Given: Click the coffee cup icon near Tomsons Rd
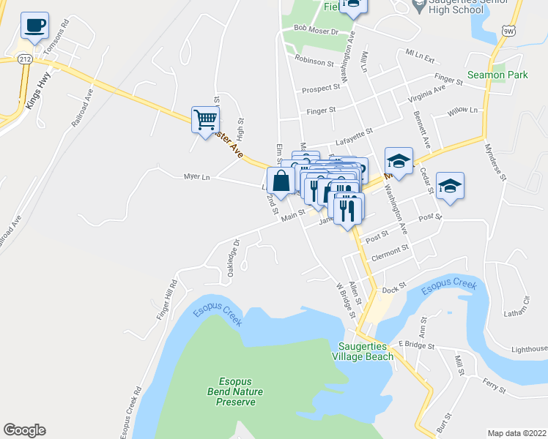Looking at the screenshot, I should [35, 26].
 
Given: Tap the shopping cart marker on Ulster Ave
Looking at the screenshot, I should [206, 119].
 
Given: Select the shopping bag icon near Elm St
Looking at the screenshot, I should [280, 180].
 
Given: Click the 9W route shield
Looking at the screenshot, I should [509, 29].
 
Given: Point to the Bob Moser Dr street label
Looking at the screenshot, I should [315, 31].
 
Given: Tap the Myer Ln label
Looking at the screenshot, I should [196, 176].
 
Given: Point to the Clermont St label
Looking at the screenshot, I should [390, 249].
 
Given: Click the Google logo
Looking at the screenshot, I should [24, 430].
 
